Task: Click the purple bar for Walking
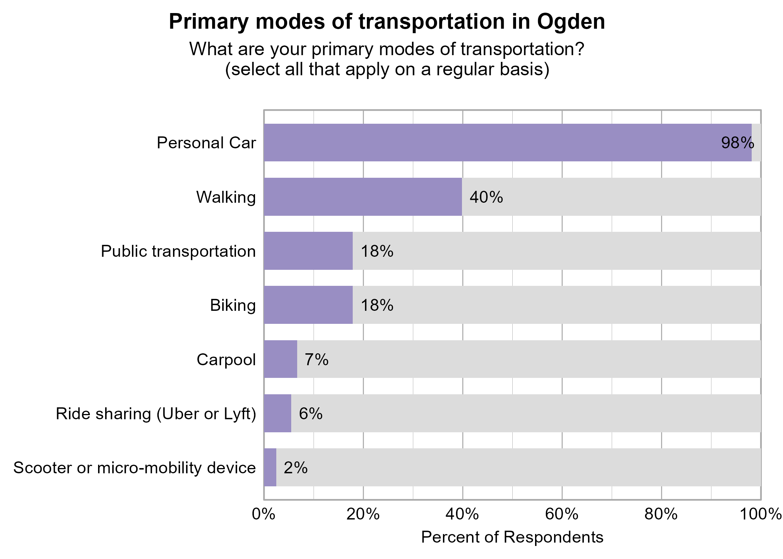pyautogui.click(x=363, y=197)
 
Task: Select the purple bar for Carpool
pyautogui.click(x=280, y=359)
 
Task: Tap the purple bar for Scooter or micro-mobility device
pyautogui.click(x=270, y=467)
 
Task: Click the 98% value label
pyautogui.click(x=737, y=143)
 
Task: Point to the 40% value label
pyautogui.click(x=486, y=197)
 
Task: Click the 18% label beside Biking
pyautogui.click(x=377, y=305)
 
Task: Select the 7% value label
pyautogui.click(x=316, y=360)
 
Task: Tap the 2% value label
pyautogui.click(x=295, y=468)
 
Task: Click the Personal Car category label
pyautogui.click(x=206, y=143)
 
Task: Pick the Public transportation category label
pyautogui.click(x=178, y=251)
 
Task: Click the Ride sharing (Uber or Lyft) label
pyautogui.click(x=156, y=414)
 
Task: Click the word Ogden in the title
pyautogui.click(x=571, y=22)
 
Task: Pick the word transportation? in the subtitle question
pyautogui.click(x=522, y=49)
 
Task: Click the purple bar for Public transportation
pyautogui.click(x=308, y=251)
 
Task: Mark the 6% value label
pyautogui.click(x=310, y=414)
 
